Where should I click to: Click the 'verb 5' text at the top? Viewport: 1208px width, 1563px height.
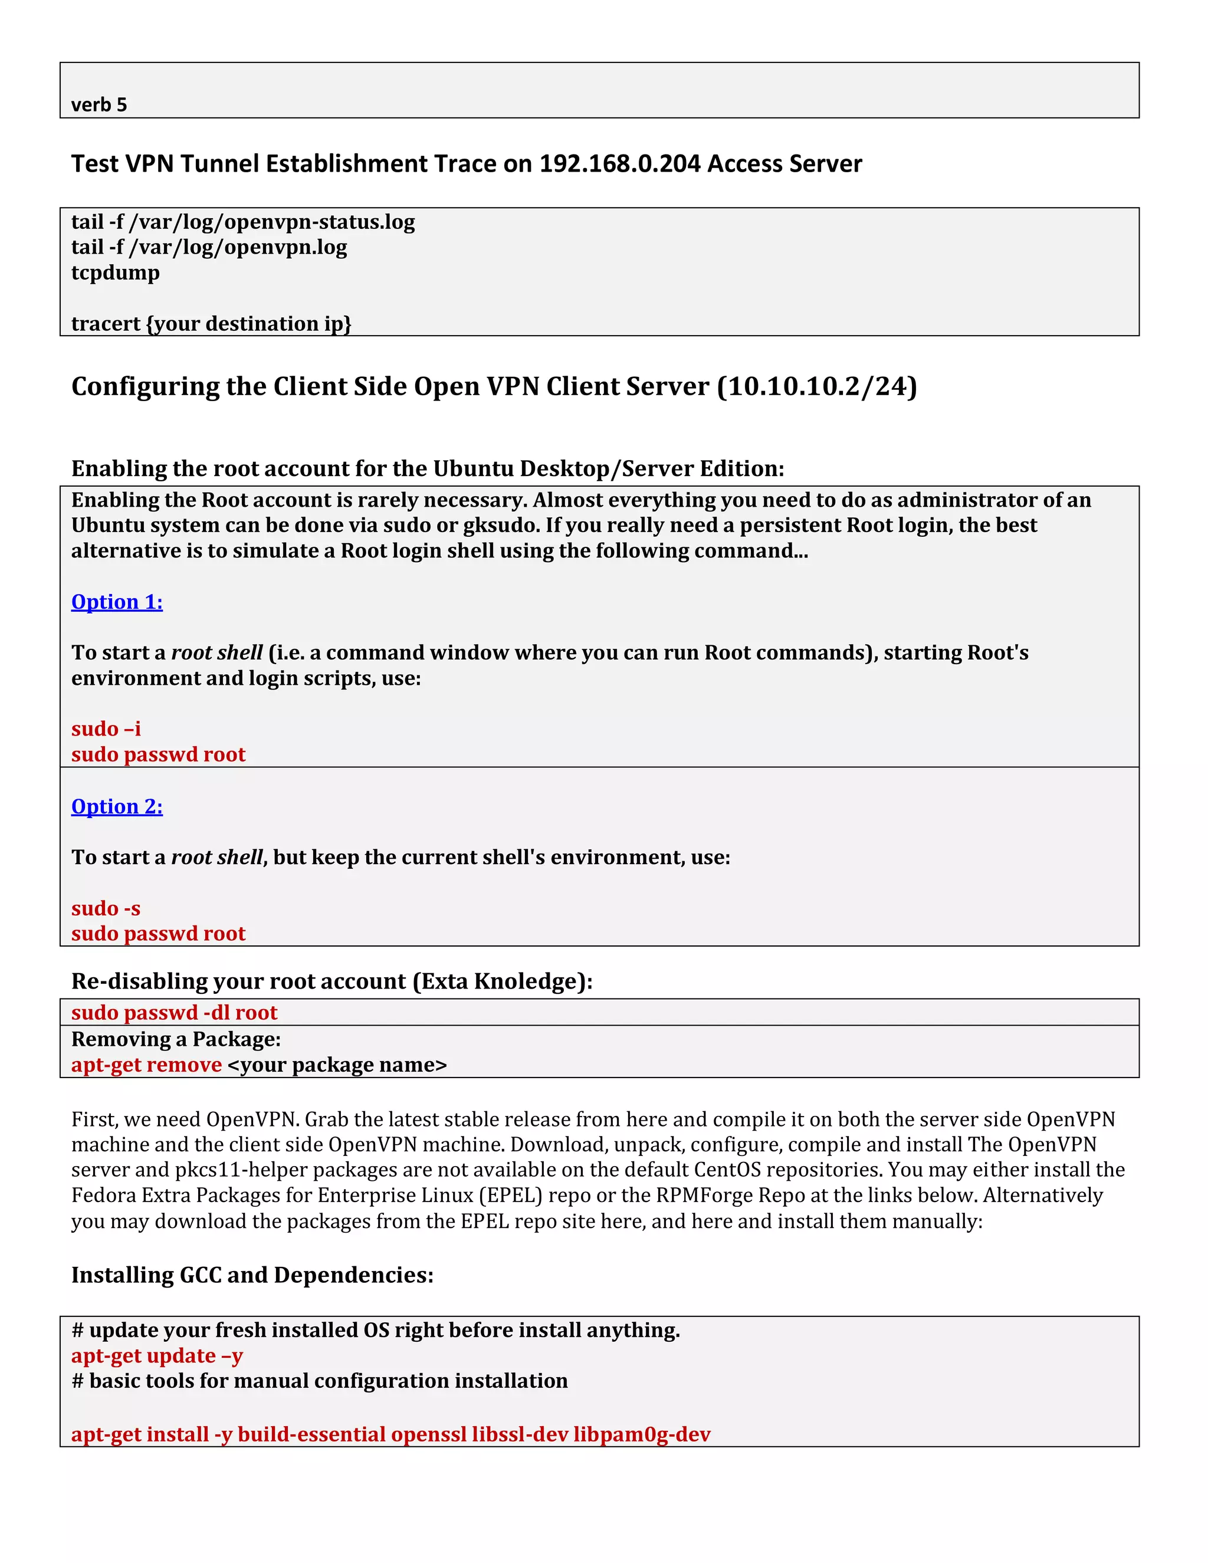(x=99, y=105)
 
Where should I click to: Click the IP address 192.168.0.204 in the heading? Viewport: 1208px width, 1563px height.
(x=619, y=164)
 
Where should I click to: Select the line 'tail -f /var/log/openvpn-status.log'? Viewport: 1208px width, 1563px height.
(x=242, y=222)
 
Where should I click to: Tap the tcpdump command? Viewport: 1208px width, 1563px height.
(x=115, y=272)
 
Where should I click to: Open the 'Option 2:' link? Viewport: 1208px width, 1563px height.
(x=117, y=806)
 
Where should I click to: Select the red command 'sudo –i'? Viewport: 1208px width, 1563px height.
(x=106, y=728)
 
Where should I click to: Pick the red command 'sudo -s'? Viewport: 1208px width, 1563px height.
(x=106, y=908)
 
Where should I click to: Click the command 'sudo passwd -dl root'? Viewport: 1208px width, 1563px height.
(x=174, y=1013)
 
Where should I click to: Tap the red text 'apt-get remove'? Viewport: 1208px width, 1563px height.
(x=146, y=1065)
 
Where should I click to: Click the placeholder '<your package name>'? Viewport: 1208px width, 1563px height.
(x=337, y=1065)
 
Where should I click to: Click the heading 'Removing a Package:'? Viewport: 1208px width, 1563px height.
(x=176, y=1039)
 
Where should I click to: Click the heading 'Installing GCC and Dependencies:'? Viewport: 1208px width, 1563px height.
(x=252, y=1275)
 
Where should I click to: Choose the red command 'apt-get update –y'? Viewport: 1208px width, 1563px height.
(x=157, y=1355)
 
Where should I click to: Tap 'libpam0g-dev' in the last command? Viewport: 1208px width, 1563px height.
(x=641, y=1435)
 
